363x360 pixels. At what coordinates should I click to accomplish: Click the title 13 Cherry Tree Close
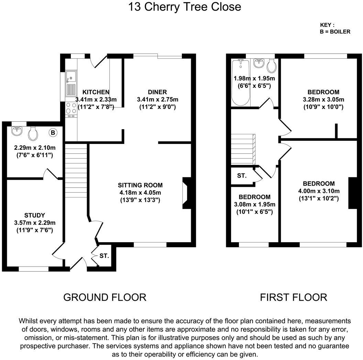[185, 7]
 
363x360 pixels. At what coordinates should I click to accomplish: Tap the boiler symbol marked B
[53, 132]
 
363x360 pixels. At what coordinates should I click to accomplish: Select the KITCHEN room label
[96, 92]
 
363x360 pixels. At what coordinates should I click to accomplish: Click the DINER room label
[157, 92]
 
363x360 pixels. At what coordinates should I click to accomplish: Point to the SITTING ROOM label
[140, 185]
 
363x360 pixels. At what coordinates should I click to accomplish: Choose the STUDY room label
[34, 215]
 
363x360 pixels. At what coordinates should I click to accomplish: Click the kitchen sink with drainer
[71, 82]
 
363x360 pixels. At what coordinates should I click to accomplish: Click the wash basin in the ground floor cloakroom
[16, 131]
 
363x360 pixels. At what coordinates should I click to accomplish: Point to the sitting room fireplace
[186, 193]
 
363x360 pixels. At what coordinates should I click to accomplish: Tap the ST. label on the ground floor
[104, 256]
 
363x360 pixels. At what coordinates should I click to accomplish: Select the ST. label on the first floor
[242, 176]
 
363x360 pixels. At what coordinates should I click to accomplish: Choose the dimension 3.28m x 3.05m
[323, 100]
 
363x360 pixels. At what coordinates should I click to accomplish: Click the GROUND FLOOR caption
[105, 297]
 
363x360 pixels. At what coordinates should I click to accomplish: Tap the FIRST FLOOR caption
[293, 297]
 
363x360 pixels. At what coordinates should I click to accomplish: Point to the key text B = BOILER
[335, 32]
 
